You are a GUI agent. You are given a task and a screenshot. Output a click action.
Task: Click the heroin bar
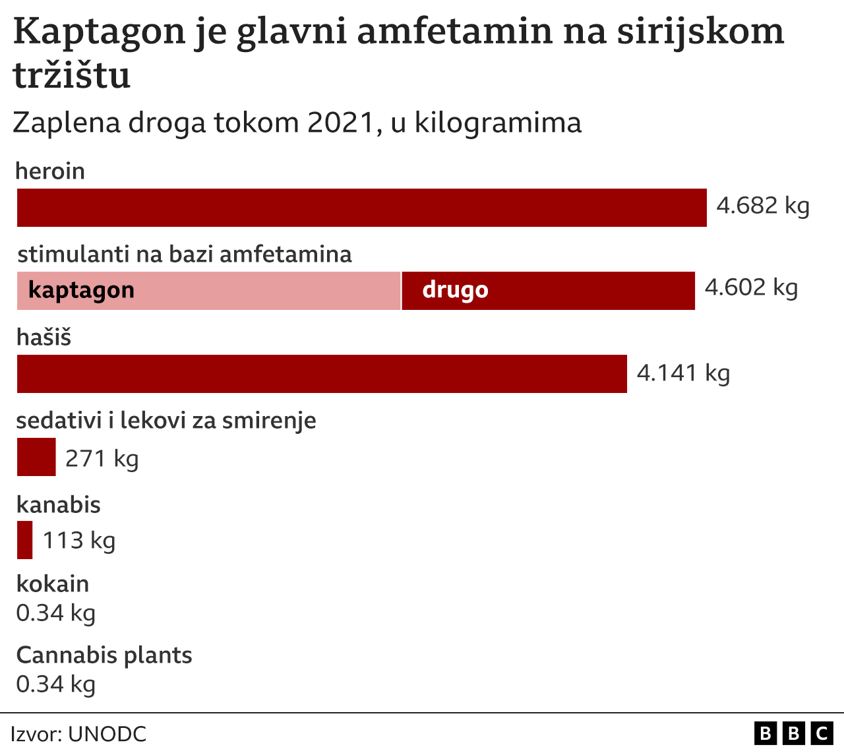361,208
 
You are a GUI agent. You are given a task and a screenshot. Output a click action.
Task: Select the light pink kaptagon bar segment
208,291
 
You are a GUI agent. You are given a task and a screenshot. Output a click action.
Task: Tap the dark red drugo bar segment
548,291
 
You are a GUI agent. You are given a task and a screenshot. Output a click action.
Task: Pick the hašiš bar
322,374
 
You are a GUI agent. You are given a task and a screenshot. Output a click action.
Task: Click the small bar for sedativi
36,457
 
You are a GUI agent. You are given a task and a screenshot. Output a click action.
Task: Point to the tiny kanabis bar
24,540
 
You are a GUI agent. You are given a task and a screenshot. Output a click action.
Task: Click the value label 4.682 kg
763,206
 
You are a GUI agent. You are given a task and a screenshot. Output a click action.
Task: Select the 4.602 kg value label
751,287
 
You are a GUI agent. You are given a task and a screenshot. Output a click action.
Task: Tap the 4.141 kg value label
683,373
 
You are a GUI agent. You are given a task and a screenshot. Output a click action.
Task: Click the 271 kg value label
102,458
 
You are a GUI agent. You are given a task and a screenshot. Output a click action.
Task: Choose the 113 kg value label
79,541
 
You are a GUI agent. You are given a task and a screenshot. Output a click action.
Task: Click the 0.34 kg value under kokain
56,613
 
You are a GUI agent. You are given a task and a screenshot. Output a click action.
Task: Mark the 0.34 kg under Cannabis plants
56,684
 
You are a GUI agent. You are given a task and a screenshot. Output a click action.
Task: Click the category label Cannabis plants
104,655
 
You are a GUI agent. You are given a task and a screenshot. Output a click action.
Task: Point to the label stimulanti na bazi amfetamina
185,255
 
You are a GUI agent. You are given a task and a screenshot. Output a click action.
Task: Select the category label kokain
53,584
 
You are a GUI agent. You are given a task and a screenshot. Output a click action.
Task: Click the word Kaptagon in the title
99,32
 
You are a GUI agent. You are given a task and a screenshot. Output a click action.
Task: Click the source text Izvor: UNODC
78,735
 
